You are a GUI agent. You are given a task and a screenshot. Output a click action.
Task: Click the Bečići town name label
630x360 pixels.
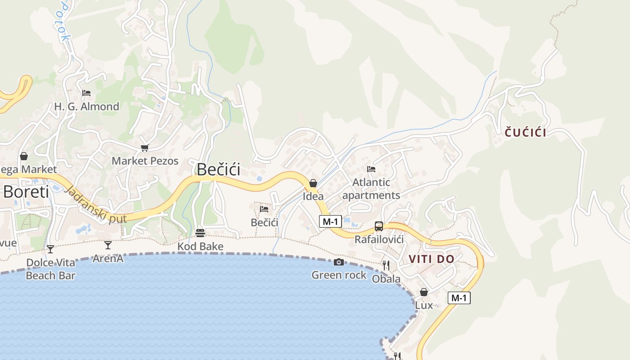click(218, 169)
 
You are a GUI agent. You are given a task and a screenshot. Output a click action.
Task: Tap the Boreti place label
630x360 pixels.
click(26, 192)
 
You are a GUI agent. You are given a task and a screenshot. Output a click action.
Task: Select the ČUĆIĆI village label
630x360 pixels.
click(525, 132)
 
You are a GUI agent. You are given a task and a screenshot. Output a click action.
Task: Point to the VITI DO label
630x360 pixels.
click(432, 259)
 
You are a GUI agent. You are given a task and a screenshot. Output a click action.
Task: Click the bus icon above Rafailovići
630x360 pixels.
click(379, 226)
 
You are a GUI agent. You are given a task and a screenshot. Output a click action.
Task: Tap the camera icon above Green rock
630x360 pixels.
click(339, 262)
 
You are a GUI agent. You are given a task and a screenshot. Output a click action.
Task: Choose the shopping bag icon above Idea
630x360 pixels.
click(313, 183)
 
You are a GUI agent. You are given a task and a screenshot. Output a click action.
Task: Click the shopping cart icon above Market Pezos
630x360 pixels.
click(144, 148)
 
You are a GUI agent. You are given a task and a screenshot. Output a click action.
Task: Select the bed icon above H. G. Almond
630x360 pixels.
click(86, 93)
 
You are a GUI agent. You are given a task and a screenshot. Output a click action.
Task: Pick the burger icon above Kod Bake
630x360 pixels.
click(200, 233)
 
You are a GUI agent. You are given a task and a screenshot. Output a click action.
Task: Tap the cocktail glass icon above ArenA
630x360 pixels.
click(108, 245)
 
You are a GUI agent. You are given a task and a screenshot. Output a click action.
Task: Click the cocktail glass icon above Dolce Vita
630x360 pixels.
click(50, 249)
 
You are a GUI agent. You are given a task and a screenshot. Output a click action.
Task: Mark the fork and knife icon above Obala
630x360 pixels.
click(386, 265)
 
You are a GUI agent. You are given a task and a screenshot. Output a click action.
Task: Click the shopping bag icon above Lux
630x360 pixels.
click(423, 292)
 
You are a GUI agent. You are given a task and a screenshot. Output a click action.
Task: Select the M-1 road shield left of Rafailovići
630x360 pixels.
click(331, 221)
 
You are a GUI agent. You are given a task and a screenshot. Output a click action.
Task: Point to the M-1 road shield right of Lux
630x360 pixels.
click(459, 297)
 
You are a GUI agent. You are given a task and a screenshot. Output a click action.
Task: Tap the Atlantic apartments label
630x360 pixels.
click(371, 189)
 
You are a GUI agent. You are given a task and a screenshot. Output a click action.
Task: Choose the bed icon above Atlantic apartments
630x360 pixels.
click(371, 169)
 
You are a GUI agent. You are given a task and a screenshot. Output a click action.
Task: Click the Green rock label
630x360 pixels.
click(339, 275)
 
